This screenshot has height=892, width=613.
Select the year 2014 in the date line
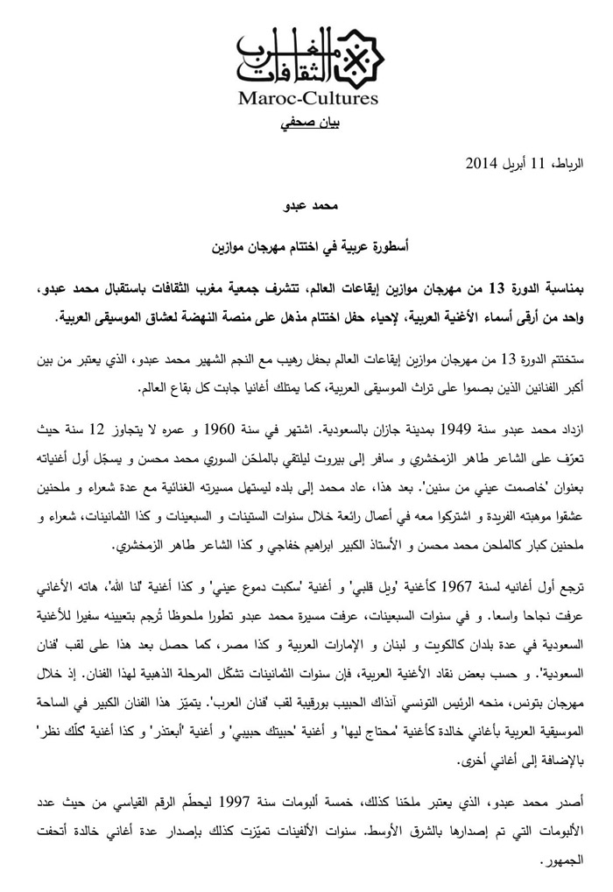[x=482, y=164]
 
